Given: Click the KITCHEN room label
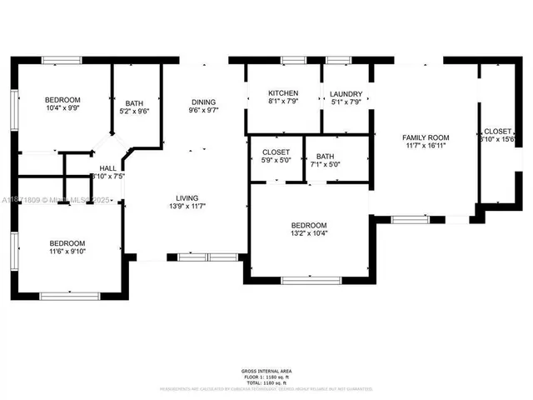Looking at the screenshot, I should point(283,93).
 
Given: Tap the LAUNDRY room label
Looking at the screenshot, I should point(345,93).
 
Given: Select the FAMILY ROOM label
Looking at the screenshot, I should point(426,137).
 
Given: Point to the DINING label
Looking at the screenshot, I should point(203,100).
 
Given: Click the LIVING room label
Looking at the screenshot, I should point(187,197).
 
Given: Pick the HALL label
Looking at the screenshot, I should point(107,167).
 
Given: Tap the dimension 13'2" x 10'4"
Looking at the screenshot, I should point(308,235).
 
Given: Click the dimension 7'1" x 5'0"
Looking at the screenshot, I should point(325,165).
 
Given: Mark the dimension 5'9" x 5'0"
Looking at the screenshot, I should point(276,162).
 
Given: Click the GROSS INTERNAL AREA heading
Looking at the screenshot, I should point(266,371).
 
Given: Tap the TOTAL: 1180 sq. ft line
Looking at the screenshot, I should point(266,381).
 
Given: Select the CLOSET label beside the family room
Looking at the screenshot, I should point(498,131).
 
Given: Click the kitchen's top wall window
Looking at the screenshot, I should point(293,60).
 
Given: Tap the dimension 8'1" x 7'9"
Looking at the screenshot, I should point(283,102).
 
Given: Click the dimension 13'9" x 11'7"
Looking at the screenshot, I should point(187,207).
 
